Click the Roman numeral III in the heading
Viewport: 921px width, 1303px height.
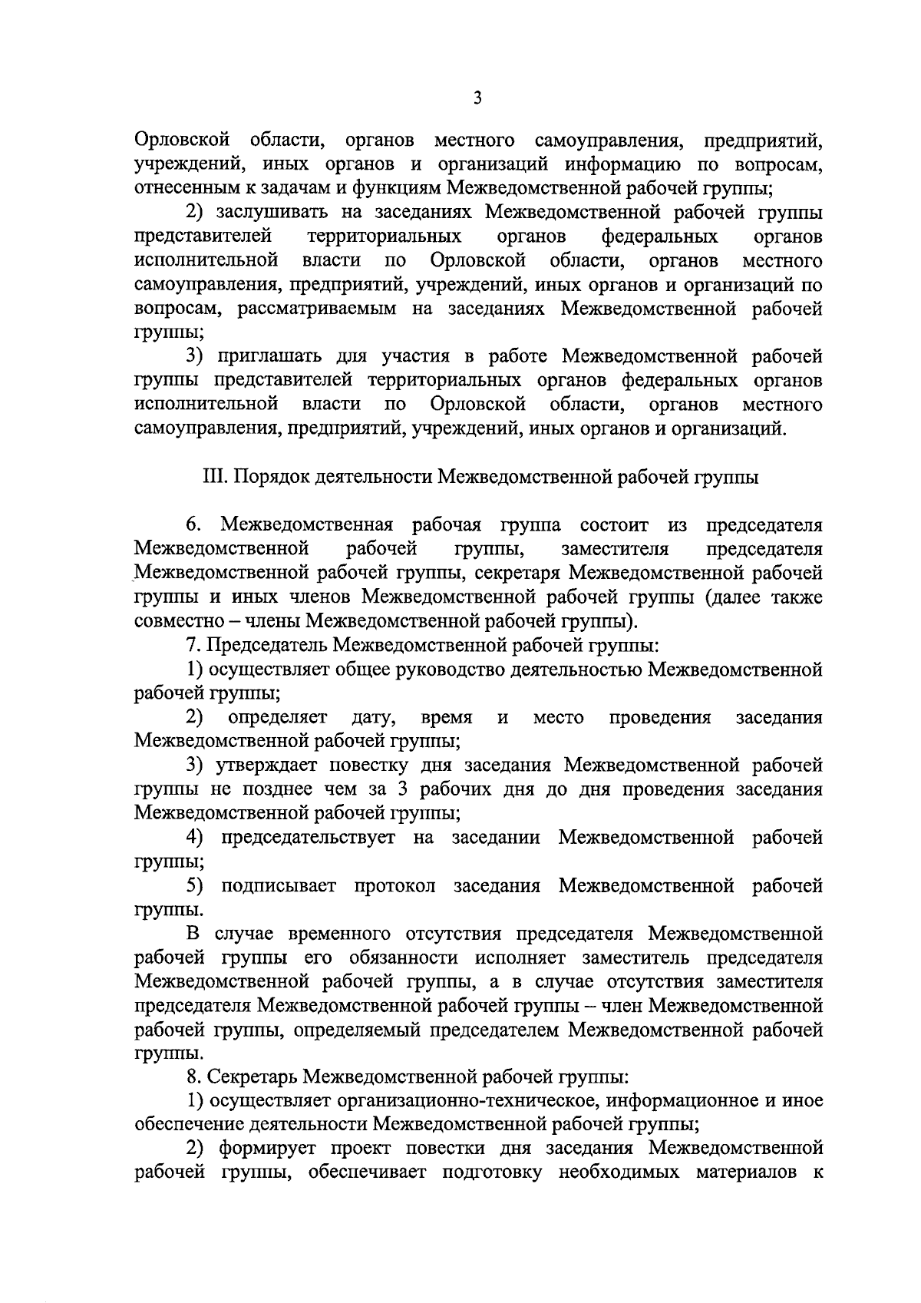(210, 478)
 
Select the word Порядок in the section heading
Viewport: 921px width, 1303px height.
(267, 478)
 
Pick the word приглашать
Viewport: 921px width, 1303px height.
(271, 356)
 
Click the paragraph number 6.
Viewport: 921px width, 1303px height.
(193, 526)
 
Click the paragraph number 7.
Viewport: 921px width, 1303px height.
(193, 646)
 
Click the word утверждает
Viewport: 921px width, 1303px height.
(268, 766)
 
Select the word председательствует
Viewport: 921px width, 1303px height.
(308, 837)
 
